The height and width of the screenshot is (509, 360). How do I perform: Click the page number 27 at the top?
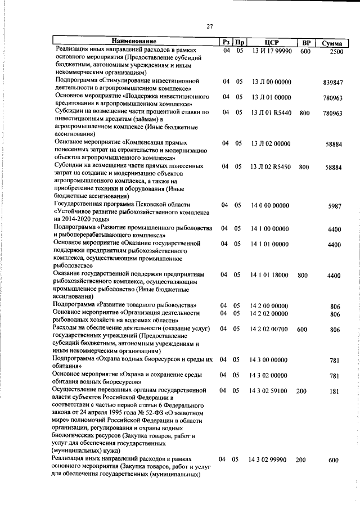click(209, 26)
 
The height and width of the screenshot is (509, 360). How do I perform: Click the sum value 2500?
click(336, 51)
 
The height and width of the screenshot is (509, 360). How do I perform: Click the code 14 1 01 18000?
click(269, 275)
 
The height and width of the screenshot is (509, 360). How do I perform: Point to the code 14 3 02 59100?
click(269, 390)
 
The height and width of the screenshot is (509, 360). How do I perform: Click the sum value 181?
click(334, 390)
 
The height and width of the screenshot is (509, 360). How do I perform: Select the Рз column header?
click(226, 42)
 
